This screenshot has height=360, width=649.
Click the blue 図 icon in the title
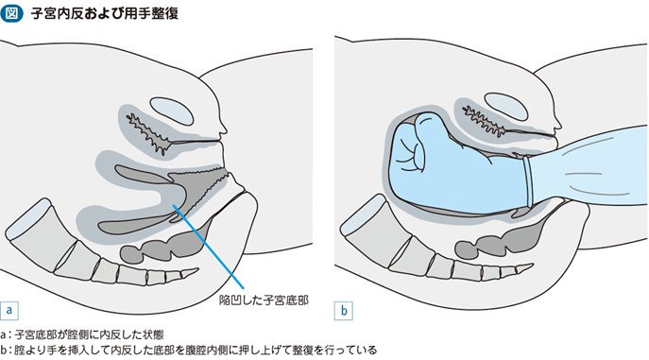[x=11, y=13]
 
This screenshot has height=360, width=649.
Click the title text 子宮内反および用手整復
[x=105, y=13]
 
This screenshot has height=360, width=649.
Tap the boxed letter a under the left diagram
[x=9, y=310]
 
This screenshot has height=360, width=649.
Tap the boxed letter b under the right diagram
[x=344, y=310]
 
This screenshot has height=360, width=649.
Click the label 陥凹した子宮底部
[x=264, y=300]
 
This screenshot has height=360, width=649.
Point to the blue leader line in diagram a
[x=208, y=247]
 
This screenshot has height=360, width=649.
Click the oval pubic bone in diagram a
[x=171, y=111]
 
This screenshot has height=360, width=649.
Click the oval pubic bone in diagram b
[x=505, y=107]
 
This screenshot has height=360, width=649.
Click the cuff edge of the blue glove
[x=527, y=181]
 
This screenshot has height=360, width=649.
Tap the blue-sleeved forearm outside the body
[x=588, y=166]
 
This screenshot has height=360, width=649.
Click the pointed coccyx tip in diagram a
[x=197, y=270]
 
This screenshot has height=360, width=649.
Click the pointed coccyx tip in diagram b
[x=531, y=266]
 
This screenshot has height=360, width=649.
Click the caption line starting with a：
[x=82, y=334]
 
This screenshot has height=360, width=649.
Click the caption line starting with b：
[x=189, y=350]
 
